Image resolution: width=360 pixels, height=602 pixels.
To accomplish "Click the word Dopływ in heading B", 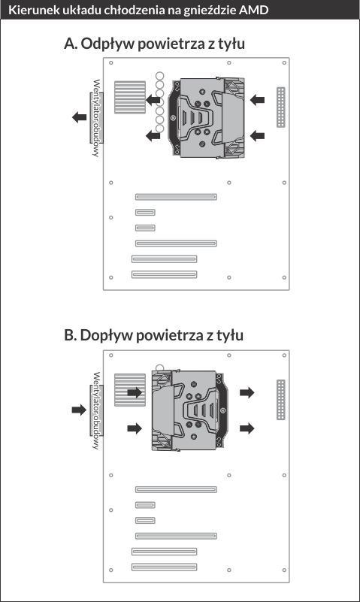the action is pyautogui.click(x=107, y=335).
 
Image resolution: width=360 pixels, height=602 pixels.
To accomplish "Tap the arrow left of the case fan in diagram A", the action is pyautogui.click(x=80, y=117).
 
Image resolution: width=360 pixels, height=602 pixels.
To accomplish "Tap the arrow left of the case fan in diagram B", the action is pyautogui.click(x=79, y=410).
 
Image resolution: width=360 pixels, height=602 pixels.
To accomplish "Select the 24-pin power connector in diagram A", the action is pyautogui.click(x=281, y=107).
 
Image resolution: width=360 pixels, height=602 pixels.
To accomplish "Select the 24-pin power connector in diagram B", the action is pyautogui.click(x=281, y=400).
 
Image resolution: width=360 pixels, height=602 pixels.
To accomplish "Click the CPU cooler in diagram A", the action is pyautogui.click(x=208, y=117).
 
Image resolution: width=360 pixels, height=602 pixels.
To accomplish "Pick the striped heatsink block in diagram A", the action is pyautogui.click(x=130, y=97).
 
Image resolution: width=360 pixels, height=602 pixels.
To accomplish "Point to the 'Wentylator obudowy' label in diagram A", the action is pyautogui.click(x=96, y=118).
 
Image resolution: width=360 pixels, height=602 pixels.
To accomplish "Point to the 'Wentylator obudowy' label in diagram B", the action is pyautogui.click(x=96, y=410).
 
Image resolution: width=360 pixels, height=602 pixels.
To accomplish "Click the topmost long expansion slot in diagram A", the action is pyautogui.click(x=176, y=197).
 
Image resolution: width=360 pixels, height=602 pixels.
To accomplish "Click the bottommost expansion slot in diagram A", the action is pyautogui.click(x=165, y=274).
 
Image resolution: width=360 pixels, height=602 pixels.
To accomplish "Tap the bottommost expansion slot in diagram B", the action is pyautogui.click(x=165, y=567).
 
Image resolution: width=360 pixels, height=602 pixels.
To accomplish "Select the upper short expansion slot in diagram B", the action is pyautogui.click(x=146, y=505).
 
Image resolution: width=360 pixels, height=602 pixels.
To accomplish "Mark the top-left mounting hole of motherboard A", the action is pyautogui.click(x=111, y=62).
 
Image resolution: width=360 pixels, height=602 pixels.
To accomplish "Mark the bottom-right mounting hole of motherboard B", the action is pyautogui.click(x=284, y=570).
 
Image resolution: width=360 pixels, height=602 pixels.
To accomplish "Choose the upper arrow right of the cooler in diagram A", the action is pyautogui.click(x=257, y=100).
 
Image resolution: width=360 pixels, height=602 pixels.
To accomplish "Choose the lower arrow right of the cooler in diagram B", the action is pyautogui.click(x=247, y=428).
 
